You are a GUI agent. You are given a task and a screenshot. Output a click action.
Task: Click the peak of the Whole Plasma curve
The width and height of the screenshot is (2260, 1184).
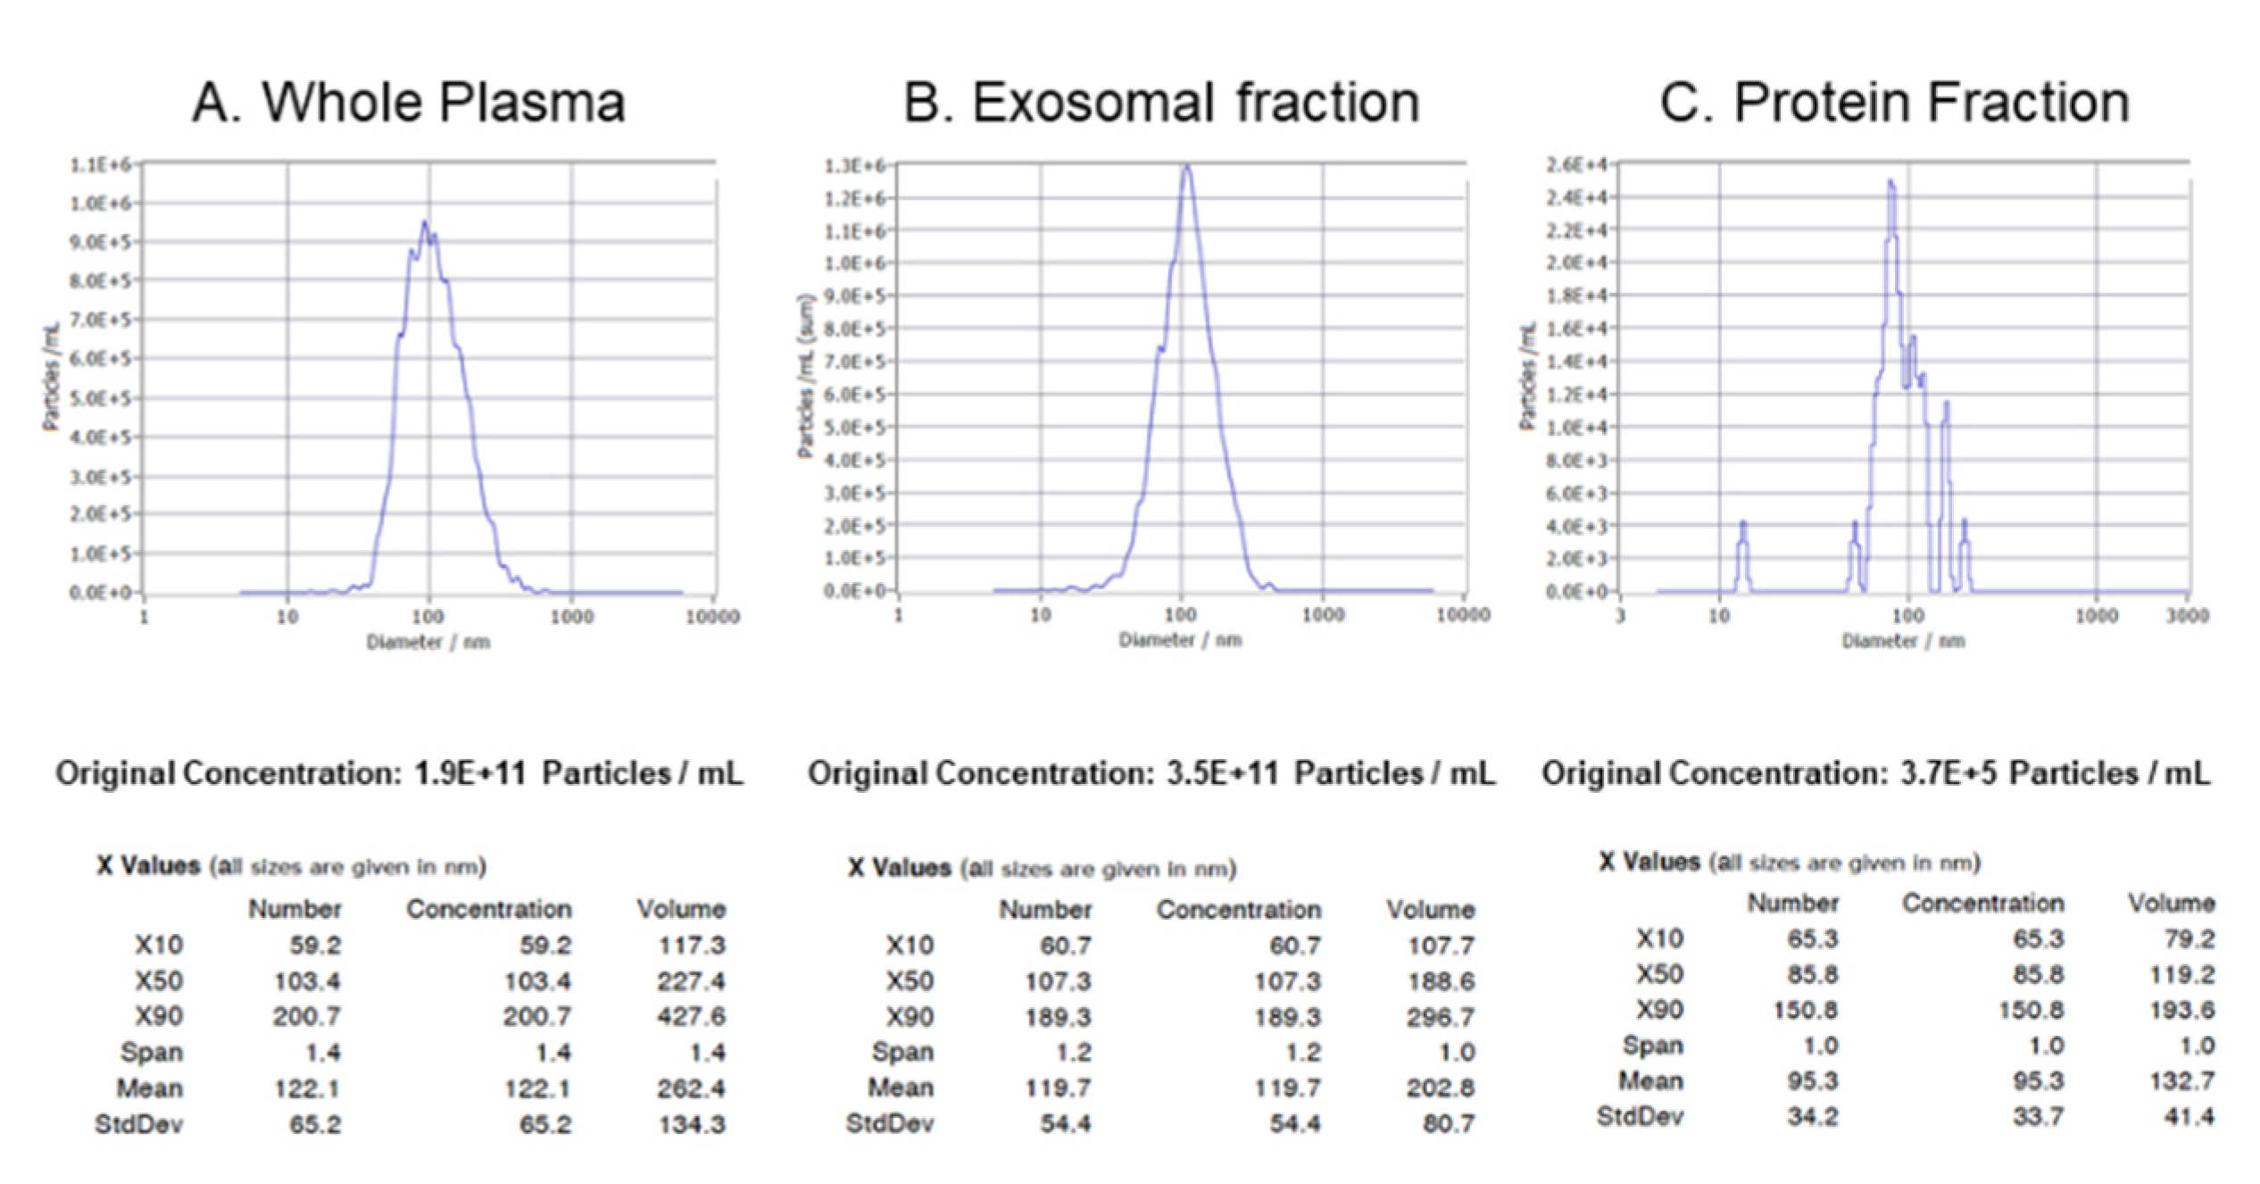[425, 222]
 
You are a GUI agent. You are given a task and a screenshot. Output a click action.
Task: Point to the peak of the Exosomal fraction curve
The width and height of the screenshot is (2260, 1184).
[1186, 166]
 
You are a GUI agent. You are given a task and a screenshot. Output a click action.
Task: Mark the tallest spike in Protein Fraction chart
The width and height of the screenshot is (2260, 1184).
[1890, 182]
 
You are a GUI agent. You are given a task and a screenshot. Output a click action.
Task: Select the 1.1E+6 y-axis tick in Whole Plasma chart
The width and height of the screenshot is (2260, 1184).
[100, 165]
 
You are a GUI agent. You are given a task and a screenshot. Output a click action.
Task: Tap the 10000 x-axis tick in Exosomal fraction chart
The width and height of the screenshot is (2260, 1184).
[1463, 614]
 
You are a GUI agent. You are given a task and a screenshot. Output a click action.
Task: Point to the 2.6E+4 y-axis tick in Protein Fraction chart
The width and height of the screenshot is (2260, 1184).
[1576, 165]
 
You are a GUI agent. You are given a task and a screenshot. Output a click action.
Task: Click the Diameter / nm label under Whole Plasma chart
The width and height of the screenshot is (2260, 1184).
[428, 642]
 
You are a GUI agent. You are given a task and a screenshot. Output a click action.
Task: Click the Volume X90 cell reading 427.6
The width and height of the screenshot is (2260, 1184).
[692, 1017]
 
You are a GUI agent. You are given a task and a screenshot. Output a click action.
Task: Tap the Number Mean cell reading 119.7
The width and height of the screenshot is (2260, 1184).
[1058, 1088]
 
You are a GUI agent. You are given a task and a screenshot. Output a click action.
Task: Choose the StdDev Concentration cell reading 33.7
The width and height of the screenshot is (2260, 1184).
[2038, 1117]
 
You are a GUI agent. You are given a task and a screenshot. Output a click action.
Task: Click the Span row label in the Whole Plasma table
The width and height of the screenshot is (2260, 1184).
[152, 1053]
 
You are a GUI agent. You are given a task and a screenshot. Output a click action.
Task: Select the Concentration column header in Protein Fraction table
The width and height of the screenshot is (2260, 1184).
[1982, 904]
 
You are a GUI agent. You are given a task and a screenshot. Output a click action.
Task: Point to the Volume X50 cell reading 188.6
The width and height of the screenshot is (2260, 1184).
[1441, 981]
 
